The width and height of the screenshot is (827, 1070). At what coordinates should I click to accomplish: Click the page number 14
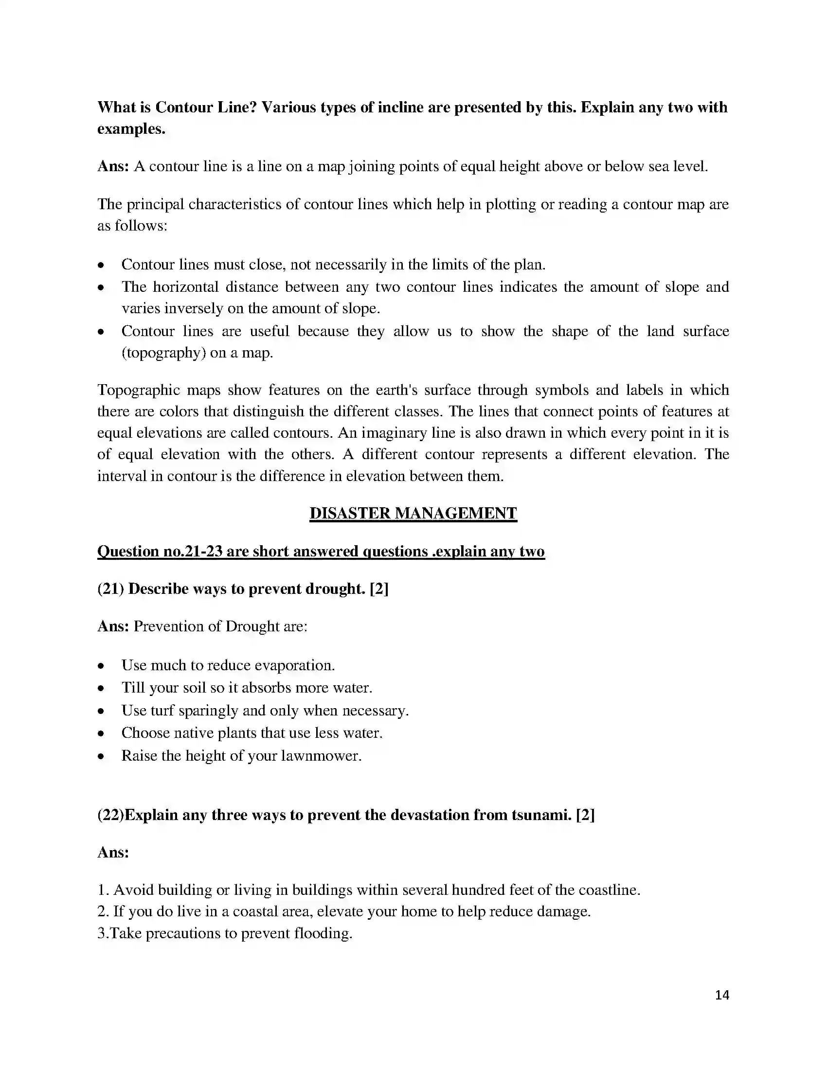coord(721,995)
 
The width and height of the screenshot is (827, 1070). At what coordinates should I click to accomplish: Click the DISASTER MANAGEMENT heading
coord(413,513)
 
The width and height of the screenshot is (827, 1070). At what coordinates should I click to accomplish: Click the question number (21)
coord(111,588)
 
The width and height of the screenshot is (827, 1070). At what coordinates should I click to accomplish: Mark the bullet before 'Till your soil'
coord(101,688)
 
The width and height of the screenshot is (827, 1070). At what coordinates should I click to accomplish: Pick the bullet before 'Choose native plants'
coord(101,733)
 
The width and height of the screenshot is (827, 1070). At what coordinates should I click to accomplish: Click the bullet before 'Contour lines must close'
coord(101,265)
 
